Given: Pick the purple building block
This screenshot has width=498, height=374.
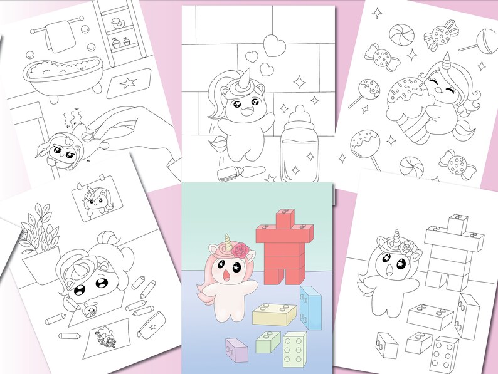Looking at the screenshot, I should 235,350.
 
